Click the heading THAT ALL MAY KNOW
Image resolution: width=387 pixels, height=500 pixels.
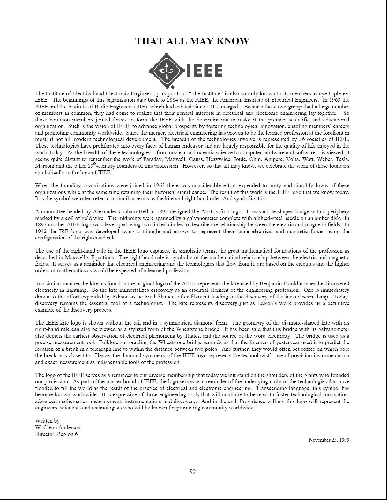192,41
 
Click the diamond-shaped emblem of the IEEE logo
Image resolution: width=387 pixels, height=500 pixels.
166,70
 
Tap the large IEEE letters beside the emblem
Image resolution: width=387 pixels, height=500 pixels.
204,70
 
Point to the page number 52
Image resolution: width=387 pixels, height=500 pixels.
192,472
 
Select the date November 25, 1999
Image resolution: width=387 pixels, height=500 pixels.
329,440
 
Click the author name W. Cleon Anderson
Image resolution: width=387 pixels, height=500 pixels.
58,427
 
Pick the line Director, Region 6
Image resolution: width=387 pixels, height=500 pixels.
56,434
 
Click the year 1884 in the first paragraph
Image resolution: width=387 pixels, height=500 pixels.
173,100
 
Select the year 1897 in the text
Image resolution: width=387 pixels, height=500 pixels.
41,225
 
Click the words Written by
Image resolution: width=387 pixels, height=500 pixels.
47,421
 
